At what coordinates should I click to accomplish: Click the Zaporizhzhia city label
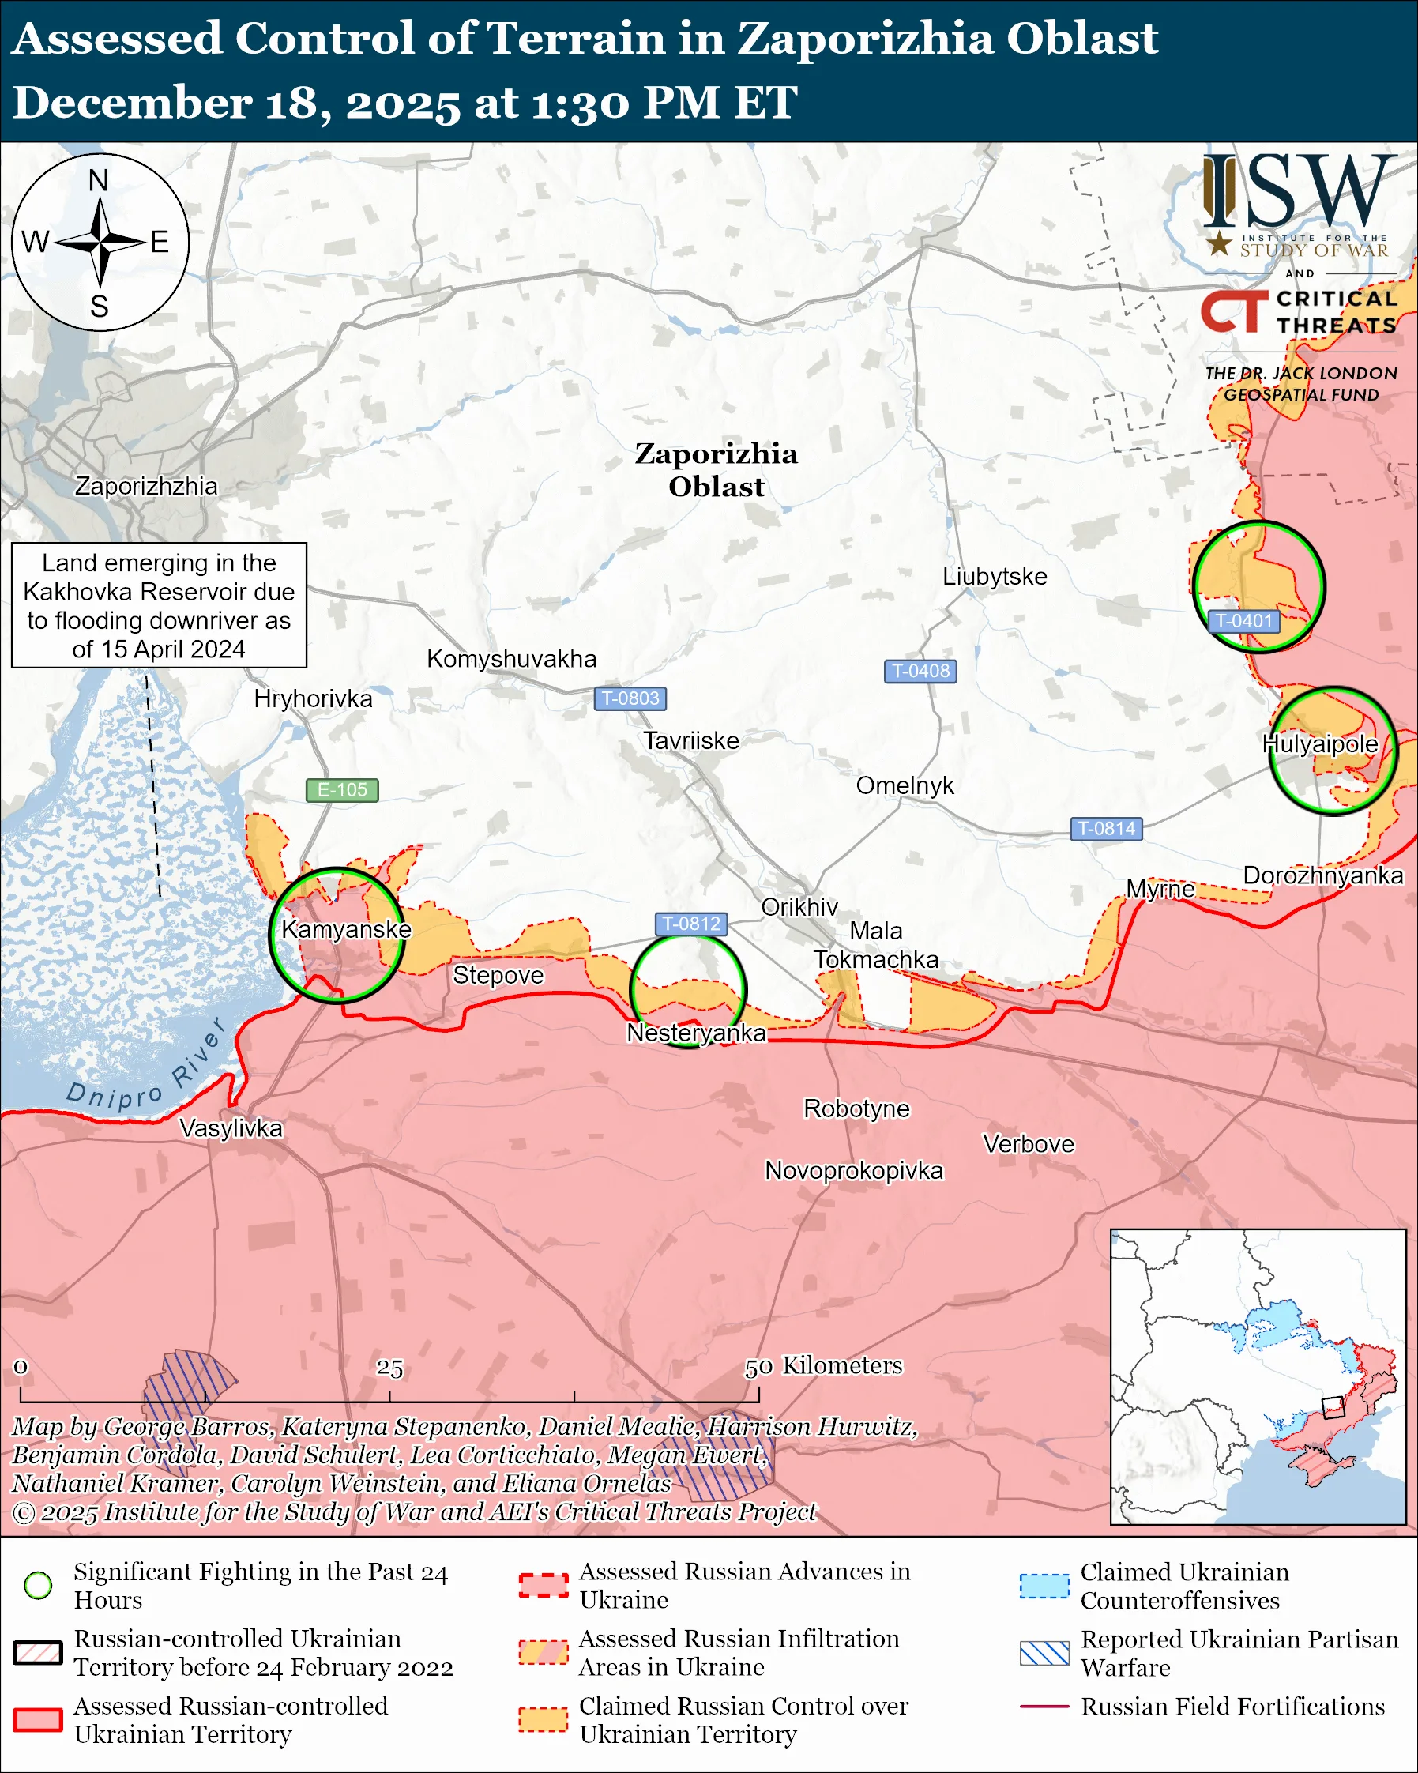[x=146, y=486]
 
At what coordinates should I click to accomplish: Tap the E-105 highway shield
[x=342, y=789]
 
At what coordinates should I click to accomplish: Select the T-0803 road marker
[x=630, y=698]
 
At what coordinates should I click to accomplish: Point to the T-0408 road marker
[x=920, y=671]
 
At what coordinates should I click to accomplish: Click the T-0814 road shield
[x=1106, y=828]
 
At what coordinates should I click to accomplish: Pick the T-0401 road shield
[x=1243, y=621]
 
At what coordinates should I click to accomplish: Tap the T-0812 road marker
[x=690, y=924]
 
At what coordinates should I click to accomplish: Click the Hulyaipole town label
[x=1319, y=743]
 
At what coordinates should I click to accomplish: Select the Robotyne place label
[x=856, y=1109]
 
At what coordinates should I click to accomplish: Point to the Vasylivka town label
[x=231, y=1128]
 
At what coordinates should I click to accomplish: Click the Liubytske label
[x=995, y=576]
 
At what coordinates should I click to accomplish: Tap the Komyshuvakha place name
[x=511, y=659]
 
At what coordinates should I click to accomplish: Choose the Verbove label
[x=1029, y=1144]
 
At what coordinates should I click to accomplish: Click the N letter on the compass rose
[x=99, y=180]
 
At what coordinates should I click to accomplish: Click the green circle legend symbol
[x=39, y=1586]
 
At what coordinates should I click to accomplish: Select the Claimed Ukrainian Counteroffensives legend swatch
[x=1044, y=1586]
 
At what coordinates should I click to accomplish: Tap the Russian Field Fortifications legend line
[x=1044, y=1707]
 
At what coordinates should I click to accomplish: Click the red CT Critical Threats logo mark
[x=1234, y=311]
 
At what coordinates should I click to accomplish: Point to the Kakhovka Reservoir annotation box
[x=159, y=605]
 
